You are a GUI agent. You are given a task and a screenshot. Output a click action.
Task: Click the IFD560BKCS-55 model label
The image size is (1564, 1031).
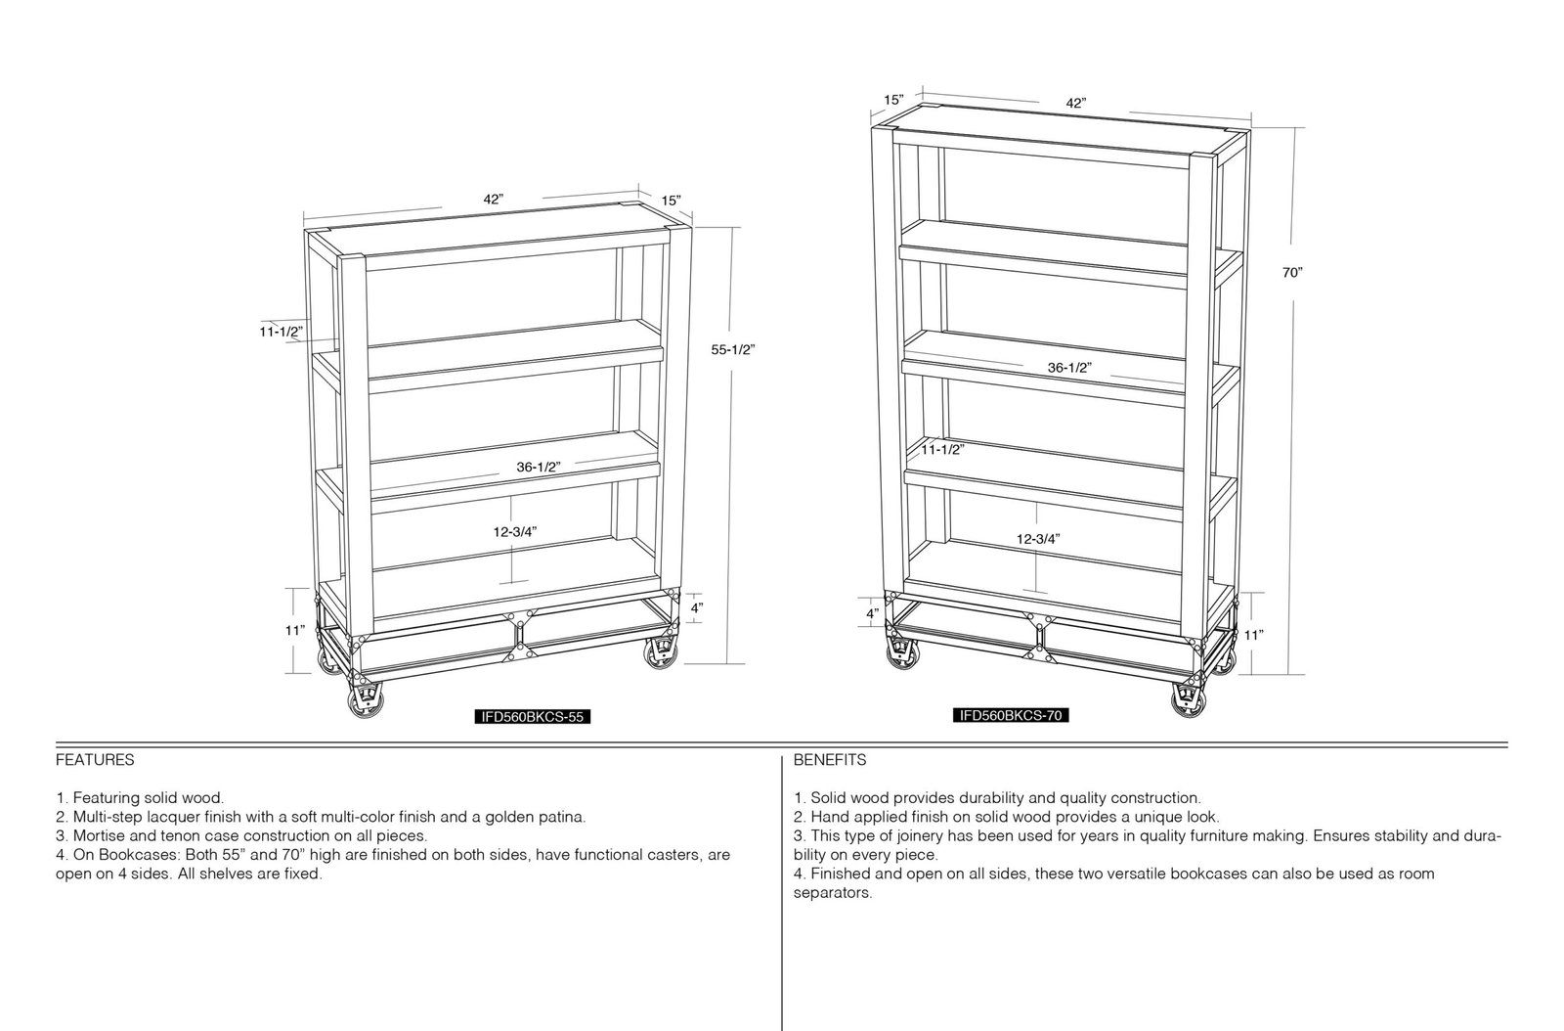[x=532, y=717]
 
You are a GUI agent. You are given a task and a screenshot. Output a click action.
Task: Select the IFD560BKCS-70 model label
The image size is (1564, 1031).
[x=1011, y=715]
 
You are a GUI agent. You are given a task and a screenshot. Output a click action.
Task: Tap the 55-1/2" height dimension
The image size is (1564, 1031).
[x=733, y=350]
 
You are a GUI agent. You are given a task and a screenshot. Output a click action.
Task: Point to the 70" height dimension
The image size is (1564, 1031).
[x=1292, y=273]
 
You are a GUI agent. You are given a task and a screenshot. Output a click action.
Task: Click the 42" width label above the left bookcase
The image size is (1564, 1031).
[x=493, y=200]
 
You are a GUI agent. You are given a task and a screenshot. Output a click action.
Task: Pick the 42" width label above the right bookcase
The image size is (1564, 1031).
[x=1076, y=104]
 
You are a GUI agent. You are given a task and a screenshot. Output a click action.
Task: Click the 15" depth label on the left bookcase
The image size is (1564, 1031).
[x=671, y=202]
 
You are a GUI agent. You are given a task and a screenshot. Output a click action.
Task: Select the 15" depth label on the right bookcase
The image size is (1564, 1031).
[x=893, y=100]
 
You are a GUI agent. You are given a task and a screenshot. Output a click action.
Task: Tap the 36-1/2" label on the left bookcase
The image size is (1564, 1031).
[x=539, y=468]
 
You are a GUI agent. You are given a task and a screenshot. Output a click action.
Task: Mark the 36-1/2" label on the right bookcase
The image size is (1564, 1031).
[x=1069, y=368]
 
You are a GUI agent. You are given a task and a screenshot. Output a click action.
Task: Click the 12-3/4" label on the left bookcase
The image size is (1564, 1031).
[x=515, y=532]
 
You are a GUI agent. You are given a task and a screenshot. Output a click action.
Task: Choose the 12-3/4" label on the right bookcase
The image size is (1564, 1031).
[x=1037, y=539]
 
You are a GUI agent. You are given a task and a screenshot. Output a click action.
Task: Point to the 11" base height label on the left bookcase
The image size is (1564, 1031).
[x=294, y=631]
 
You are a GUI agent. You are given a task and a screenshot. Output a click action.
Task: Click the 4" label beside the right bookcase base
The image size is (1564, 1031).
[x=873, y=614]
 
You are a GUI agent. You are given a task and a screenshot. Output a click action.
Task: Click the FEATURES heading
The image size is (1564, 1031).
[x=95, y=760]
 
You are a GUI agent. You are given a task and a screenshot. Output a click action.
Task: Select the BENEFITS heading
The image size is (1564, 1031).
[x=830, y=760]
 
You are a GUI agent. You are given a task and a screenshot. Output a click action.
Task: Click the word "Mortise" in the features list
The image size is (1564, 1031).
[x=98, y=835]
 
